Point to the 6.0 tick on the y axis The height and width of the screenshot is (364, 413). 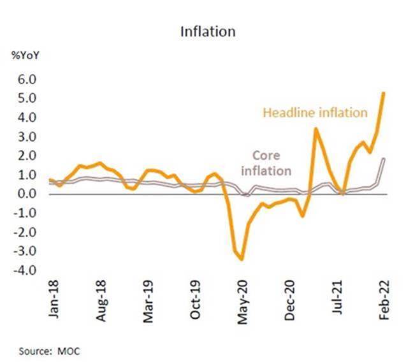click(x=29, y=80)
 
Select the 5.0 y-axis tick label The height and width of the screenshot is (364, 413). click(x=29, y=99)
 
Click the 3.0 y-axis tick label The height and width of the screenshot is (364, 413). click(x=29, y=137)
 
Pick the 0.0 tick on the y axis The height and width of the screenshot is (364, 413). click(x=29, y=194)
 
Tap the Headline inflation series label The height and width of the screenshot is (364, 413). click(x=315, y=113)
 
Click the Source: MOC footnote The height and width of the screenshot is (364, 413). click(x=47, y=350)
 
